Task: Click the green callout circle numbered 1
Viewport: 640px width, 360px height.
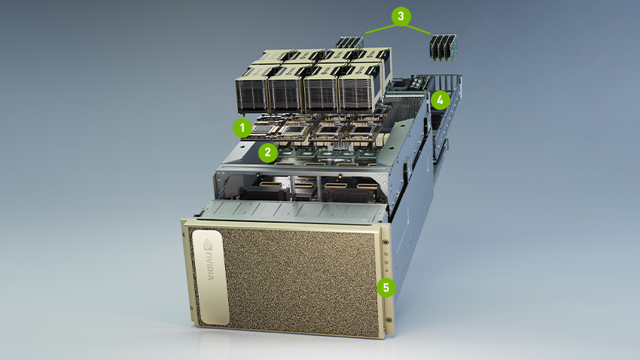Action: [x=242, y=126]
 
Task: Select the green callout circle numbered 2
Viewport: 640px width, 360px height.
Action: [x=267, y=151]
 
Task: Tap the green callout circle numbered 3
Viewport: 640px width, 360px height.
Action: [x=400, y=14]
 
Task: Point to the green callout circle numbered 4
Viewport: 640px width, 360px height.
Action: [x=440, y=98]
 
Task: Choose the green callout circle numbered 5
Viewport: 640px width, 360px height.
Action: [x=386, y=287]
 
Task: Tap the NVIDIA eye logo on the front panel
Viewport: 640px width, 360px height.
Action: [x=208, y=245]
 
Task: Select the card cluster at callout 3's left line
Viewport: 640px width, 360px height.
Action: [x=350, y=44]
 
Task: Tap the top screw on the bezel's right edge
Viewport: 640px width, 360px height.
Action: [x=386, y=243]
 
